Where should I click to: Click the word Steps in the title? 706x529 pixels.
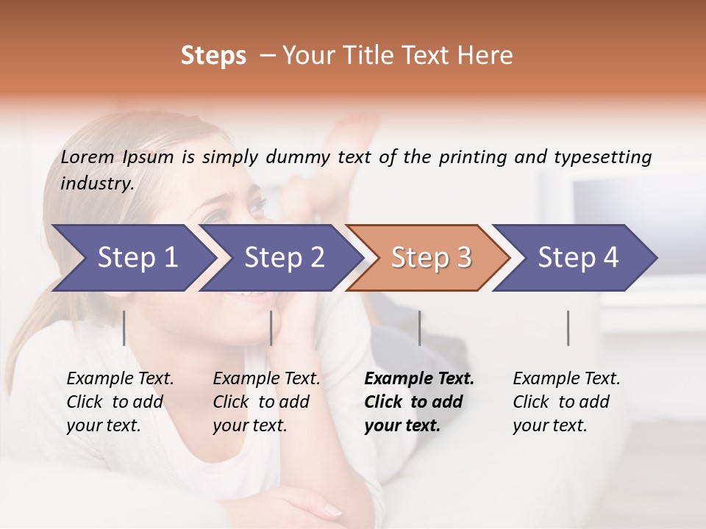pyautogui.click(x=213, y=56)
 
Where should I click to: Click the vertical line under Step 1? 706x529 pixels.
pyautogui.click(x=124, y=328)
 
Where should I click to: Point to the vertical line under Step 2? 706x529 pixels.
pyautogui.click(x=271, y=328)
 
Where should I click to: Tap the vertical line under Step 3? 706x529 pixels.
pyautogui.click(x=419, y=328)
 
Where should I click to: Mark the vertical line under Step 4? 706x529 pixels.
pyautogui.click(x=568, y=328)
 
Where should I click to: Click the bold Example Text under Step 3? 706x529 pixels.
pyautogui.click(x=419, y=402)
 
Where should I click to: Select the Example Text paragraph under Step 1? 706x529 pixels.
pyautogui.click(x=120, y=402)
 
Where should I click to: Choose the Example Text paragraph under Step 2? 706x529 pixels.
pyautogui.click(x=266, y=402)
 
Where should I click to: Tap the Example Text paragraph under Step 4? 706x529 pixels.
pyautogui.click(x=566, y=402)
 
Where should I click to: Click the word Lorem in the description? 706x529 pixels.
pyautogui.click(x=88, y=157)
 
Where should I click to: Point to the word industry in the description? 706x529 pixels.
pyautogui.click(x=97, y=184)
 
